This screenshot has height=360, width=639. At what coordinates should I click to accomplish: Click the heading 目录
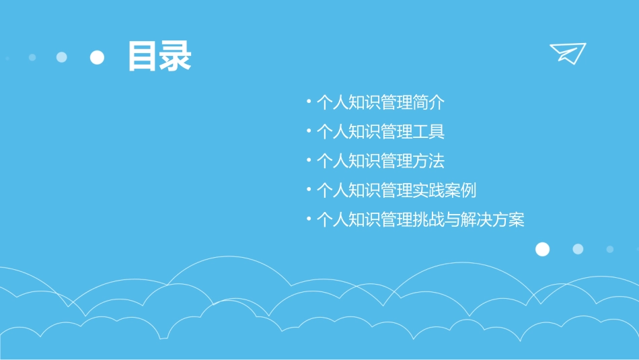click(x=159, y=57)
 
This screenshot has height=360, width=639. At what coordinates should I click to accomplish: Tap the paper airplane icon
click(x=567, y=52)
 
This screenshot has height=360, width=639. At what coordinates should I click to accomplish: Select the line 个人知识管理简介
click(x=380, y=103)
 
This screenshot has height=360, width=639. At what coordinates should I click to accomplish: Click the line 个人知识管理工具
click(x=380, y=132)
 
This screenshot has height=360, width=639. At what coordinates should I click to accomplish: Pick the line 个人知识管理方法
click(x=380, y=161)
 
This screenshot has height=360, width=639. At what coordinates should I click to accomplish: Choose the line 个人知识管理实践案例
click(x=396, y=190)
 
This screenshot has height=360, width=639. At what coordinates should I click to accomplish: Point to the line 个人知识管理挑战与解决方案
click(x=420, y=220)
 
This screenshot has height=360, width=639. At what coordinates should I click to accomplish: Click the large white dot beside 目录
click(x=98, y=57)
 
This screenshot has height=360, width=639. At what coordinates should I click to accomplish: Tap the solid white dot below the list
click(x=542, y=250)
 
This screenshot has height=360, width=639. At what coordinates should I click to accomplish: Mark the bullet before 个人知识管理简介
click(x=308, y=102)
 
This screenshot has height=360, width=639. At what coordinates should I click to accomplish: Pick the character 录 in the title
click(x=176, y=57)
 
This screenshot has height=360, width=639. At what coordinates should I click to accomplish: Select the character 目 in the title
click(x=143, y=57)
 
